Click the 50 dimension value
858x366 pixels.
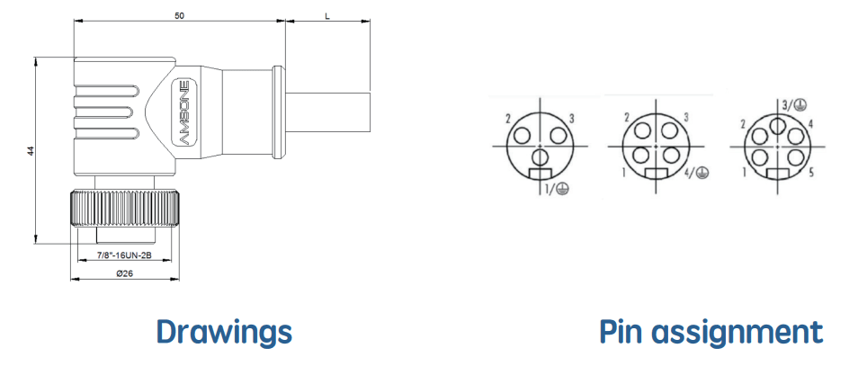(x=180, y=16)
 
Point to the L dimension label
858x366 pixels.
(x=327, y=16)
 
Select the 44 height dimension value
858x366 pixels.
(x=31, y=150)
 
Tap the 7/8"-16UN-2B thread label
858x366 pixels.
(x=124, y=255)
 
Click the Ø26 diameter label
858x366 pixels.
(x=125, y=273)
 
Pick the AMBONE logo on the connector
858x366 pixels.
(x=184, y=112)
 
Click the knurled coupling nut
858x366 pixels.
(x=125, y=208)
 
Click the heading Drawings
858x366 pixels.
(x=224, y=331)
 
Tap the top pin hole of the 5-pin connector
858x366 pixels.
(x=777, y=126)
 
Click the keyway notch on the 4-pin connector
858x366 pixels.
(x=656, y=174)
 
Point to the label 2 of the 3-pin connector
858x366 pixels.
(x=508, y=118)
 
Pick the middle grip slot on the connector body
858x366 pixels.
(x=105, y=112)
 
